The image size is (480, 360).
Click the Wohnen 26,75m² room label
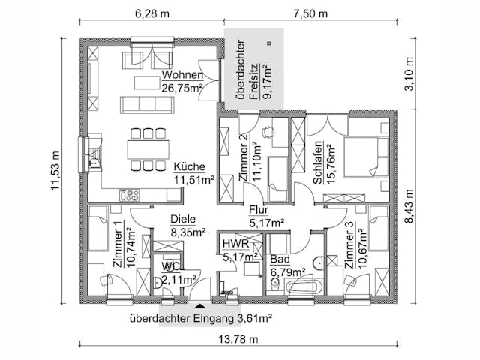tap(182, 81)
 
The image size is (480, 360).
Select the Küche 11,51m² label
tap(193, 173)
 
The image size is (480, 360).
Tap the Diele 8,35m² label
tap(187, 226)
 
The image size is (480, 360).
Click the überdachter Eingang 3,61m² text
tap(200, 318)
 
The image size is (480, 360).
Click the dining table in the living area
tap(148, 148)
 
